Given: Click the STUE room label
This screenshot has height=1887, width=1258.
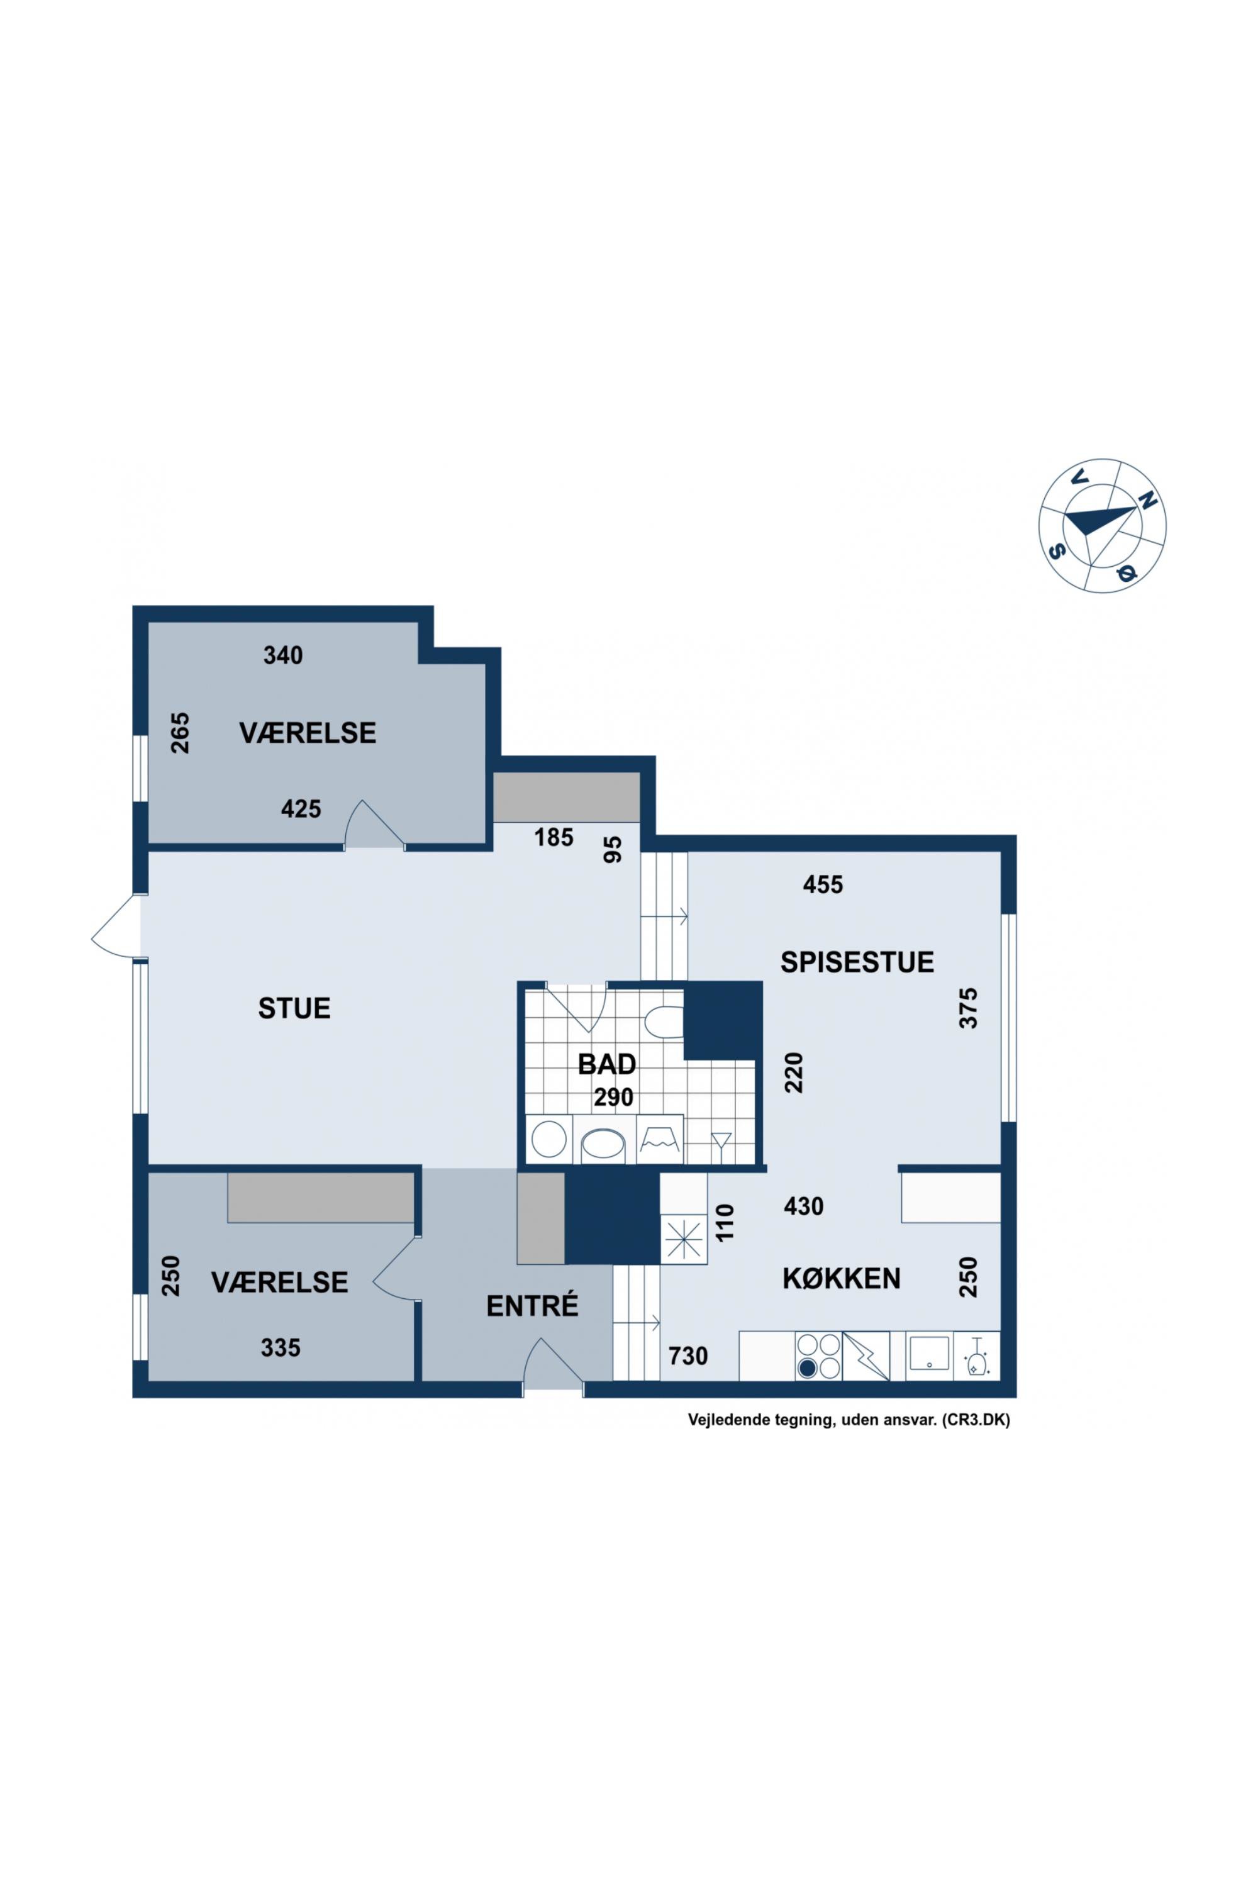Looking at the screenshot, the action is pos(294,1008).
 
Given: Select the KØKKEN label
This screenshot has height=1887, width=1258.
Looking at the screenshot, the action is pos(842,1279).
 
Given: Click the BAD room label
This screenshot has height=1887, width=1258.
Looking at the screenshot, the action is pos(608,1065).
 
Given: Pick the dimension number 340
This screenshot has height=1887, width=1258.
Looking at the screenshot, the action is pos(283,655).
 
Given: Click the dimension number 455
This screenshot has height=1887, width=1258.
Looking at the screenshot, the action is pos(823,885).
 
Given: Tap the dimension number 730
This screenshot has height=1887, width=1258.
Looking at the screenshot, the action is pos(688,1356).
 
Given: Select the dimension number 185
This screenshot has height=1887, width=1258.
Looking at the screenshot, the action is pos(554,838).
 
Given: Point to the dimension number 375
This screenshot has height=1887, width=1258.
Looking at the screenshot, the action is pos(969,1008).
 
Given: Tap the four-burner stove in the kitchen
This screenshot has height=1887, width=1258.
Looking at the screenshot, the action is pos(818,1355).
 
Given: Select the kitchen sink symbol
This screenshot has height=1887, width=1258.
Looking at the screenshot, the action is pos(929,1353).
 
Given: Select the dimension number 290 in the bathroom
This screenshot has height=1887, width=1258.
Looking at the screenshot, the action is pos(614,1098).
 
